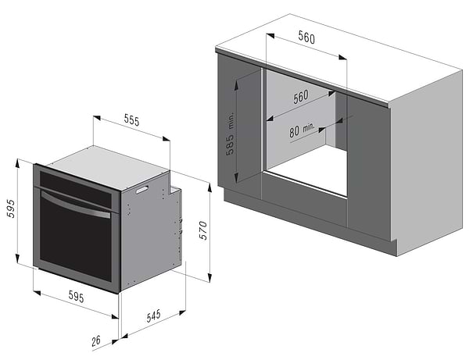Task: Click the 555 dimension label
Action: point(131,120)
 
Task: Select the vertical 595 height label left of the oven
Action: point(11,209)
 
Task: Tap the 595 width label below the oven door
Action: point(77,297)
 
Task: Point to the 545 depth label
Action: point(153,315)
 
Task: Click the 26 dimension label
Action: point(96,340)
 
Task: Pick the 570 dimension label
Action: point(203,230)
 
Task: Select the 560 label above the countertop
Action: point(306,37)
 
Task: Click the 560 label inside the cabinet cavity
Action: point(301,97)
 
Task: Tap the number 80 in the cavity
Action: point(294,131)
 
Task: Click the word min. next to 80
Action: point(309,128)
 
